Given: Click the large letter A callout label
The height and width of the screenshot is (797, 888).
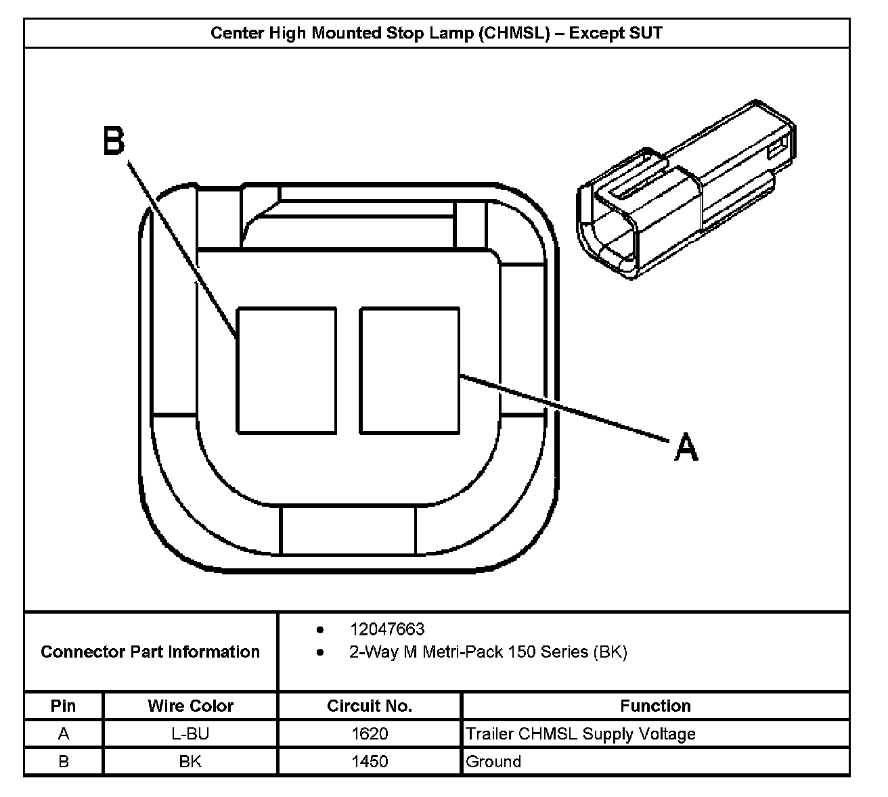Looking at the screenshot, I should [x=686, y=447].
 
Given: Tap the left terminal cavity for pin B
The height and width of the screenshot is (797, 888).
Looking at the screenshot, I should [x=286, y=370].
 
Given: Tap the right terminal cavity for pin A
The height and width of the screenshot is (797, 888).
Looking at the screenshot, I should [x=409, y=370].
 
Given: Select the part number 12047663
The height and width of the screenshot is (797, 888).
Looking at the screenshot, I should [x=387, y=629].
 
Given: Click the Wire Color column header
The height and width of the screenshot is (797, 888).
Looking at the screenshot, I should [x=190, y=706].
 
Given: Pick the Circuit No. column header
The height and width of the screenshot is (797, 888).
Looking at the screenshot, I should [x=369, y=706].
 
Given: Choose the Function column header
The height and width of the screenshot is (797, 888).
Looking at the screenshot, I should [x=655, y=706].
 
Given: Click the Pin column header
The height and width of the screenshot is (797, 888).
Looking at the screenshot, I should [x=63, y=706].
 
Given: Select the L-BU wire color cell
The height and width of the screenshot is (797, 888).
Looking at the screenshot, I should [x=190, y=734].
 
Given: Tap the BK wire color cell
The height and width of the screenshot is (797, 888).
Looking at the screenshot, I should [x=190, y=762].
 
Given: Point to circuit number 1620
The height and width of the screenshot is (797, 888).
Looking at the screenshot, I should [x=370, y=734].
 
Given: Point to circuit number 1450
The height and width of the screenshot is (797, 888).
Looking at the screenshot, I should [x=370, y=762].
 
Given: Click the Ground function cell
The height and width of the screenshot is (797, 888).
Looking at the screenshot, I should [x=493, y=762].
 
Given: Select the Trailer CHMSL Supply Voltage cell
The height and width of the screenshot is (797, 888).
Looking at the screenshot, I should [x=581, y=734].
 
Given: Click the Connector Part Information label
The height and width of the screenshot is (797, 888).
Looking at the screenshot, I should [x=150, y=652].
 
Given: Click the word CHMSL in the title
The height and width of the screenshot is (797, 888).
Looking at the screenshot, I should [x=512, y=33].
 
